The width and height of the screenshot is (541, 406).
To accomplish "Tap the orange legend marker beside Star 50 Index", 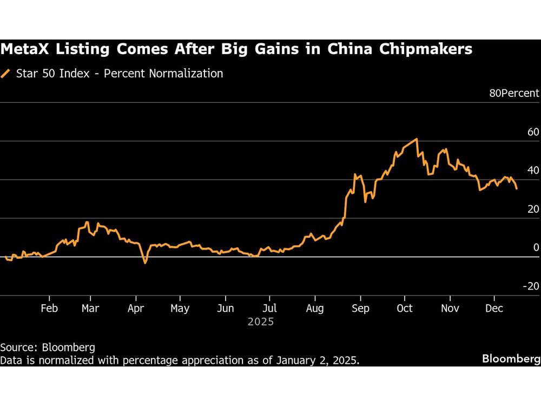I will [6, 74].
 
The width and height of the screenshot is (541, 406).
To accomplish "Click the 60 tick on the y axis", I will [533, 132].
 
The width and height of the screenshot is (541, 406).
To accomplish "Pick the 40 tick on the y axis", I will [533, 171].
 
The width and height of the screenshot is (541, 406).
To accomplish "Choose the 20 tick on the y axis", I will [533, 209].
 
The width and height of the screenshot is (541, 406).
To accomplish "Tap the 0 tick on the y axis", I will [536, 247].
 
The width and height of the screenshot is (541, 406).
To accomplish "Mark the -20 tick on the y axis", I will [531, 286].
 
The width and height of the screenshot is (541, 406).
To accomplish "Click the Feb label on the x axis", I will [49, 309].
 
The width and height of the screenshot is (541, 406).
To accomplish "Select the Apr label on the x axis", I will [136, 309].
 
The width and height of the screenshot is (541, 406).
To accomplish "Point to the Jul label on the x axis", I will [269, 309].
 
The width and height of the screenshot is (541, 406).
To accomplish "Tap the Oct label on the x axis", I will [404, 309].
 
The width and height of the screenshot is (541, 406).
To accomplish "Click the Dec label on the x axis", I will [494, 309].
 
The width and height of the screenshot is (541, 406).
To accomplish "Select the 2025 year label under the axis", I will [261, 322].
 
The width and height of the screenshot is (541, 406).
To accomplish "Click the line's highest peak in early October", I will [417, 139].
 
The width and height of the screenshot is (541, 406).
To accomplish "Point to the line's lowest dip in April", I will [145, 263].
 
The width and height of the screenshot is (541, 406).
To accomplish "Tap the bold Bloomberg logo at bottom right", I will [511, 359].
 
